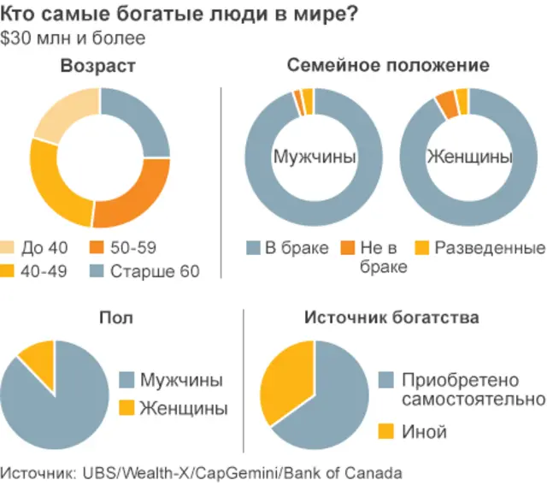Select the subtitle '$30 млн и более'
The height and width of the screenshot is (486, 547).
pos(73,39)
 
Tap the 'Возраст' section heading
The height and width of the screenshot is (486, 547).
pos(98,66)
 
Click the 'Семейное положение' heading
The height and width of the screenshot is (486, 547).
pos(388,66)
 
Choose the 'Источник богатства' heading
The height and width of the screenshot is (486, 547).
pos(391,318)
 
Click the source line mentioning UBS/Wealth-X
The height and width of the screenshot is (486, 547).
pos(201,471)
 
